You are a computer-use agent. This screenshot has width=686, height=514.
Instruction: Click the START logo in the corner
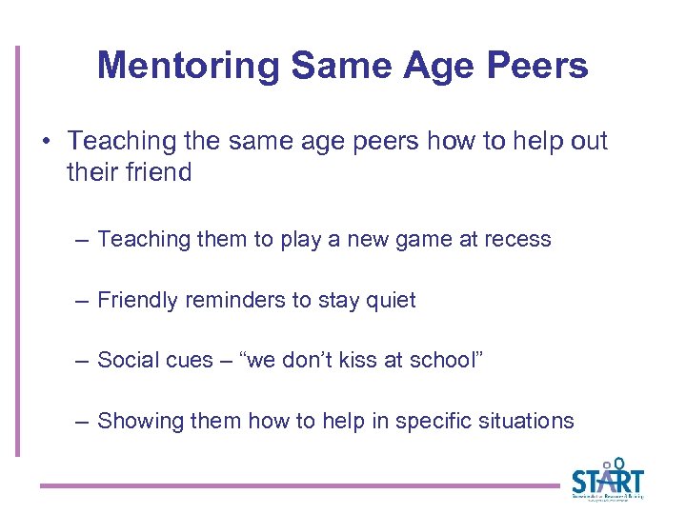pos(607,479)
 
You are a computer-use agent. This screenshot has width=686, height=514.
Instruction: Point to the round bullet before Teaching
pos(47,142)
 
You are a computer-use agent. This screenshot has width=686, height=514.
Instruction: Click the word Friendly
pos(139,300)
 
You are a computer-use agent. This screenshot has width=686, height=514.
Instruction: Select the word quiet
pos(389,300)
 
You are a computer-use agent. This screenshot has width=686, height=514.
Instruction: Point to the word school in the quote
pos(439,360)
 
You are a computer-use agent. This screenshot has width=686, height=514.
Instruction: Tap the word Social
pos(129,360)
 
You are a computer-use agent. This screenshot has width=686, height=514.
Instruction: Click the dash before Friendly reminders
pos(83,301)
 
